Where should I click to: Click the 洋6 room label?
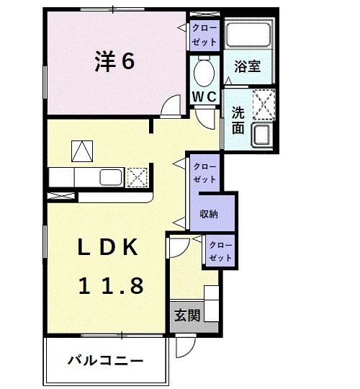pos(114,62)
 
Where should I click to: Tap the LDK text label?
pos(108,249)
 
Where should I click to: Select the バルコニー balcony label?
pos(106,359)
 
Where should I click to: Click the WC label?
pos(204,96)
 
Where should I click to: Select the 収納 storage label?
pos(210,213)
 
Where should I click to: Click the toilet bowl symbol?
pos(204,71)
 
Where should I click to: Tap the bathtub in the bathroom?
pos(248,34)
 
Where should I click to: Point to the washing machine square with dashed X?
pos(262,103)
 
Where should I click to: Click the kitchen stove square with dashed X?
pos(138,177)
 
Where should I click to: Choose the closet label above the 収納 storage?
pos(204,171)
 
